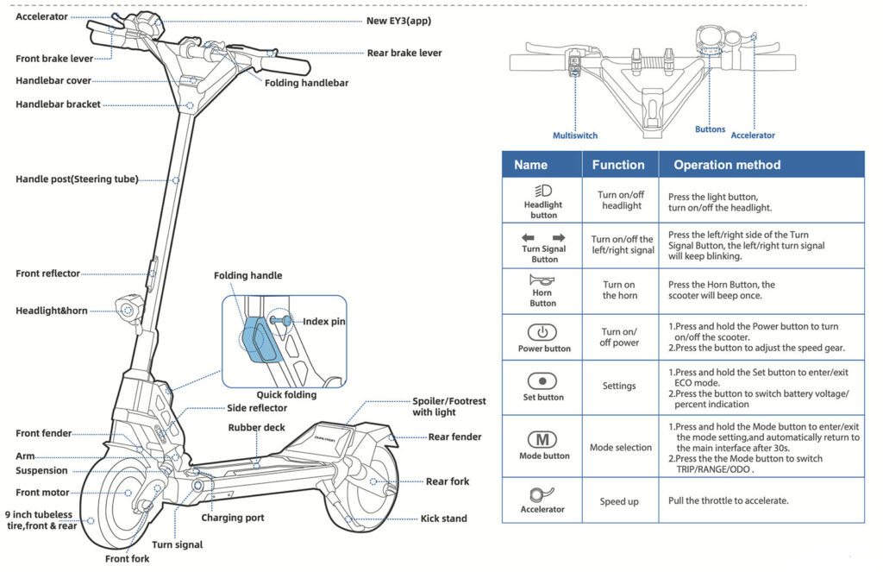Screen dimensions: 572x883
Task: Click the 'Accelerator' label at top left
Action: pos(42,16)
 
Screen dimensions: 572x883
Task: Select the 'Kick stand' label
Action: pos(444,519)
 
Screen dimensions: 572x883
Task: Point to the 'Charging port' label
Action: pos(233,518)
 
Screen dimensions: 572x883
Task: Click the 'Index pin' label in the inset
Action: pos(324,322)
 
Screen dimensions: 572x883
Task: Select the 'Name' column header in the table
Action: pos(530,165)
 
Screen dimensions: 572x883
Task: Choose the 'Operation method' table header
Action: pos(727,165)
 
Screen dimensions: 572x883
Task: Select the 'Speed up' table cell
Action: pos(619,501)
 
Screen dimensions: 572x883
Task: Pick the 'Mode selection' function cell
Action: pos(620,448)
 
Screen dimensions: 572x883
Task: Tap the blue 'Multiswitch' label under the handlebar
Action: pos(575,135)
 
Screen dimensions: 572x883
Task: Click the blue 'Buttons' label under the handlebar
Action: pos(711,129)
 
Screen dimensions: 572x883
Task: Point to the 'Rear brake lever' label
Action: pos(404,53)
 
